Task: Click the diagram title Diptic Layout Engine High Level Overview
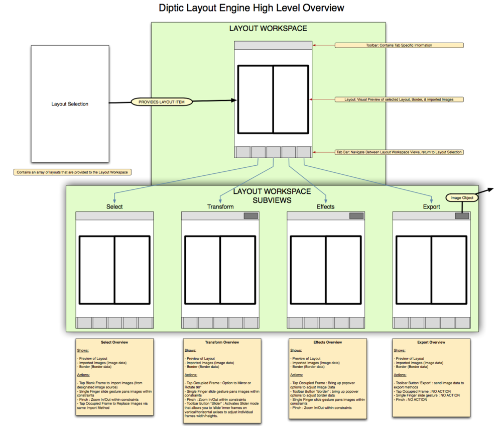pyautogui.click(x=252, y=8)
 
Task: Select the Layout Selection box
pyautogui.click(x=70, y=104)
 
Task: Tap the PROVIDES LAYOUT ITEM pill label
pyautogui.click(x=162, y=102)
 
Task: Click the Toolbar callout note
pyautogui.click(x=399, y=45)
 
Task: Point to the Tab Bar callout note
pyautogui.click(x=399, y=152)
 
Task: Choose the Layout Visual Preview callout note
pyautogui.click(x=399, y=99)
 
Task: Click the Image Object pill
pyautogui.click(x=462, y=198)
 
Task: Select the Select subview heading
pyautogui.click(x=114, y=206)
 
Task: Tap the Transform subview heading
pyautogui.click(x=220, y=206)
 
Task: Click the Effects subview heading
pyautogui.click(x=326, y=206)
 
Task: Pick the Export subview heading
pyautogui.click(x=431, y=206)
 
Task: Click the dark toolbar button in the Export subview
pyautogui.click(x=462, y=216)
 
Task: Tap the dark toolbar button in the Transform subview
pyautogui.click(x=250, y=216)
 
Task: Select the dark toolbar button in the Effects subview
pyautogui.click(x=356, y=216)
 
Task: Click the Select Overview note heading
pyautogui.click(x=114, y=342)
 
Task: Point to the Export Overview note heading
pyautogui.click(x=431, y=342)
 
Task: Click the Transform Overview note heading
pyautogui.click(x=222, y=342)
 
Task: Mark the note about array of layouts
pyautogui.click(x=73, y=172)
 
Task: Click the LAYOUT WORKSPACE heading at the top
pyautogui.click(x=268, y=29)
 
